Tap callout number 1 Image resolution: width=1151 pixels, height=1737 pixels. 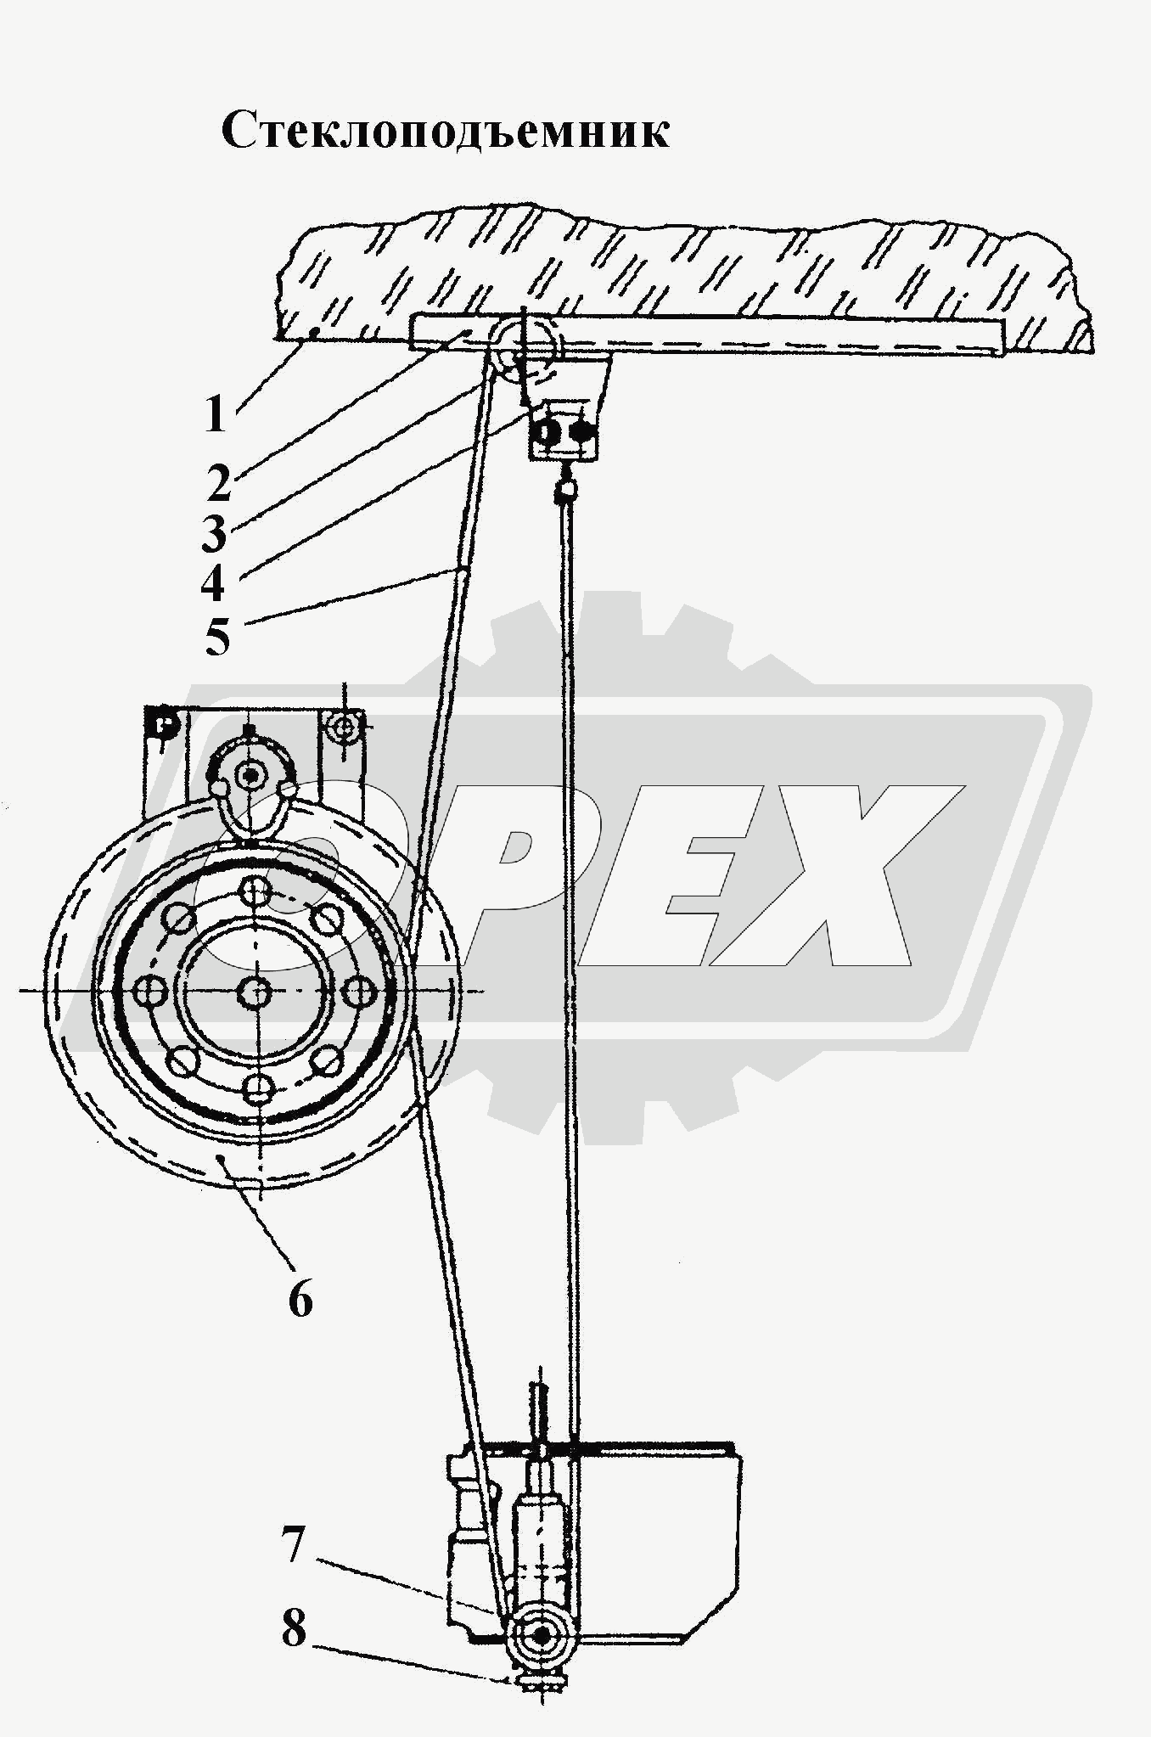tap(216, 415)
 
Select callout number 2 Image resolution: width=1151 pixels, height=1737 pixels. tap(218, 483)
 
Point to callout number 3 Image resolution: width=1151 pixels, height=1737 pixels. tap(214, 533)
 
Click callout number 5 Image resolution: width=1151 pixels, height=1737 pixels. tap(217, 638)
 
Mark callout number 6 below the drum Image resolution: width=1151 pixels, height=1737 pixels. tap(300, 1298)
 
